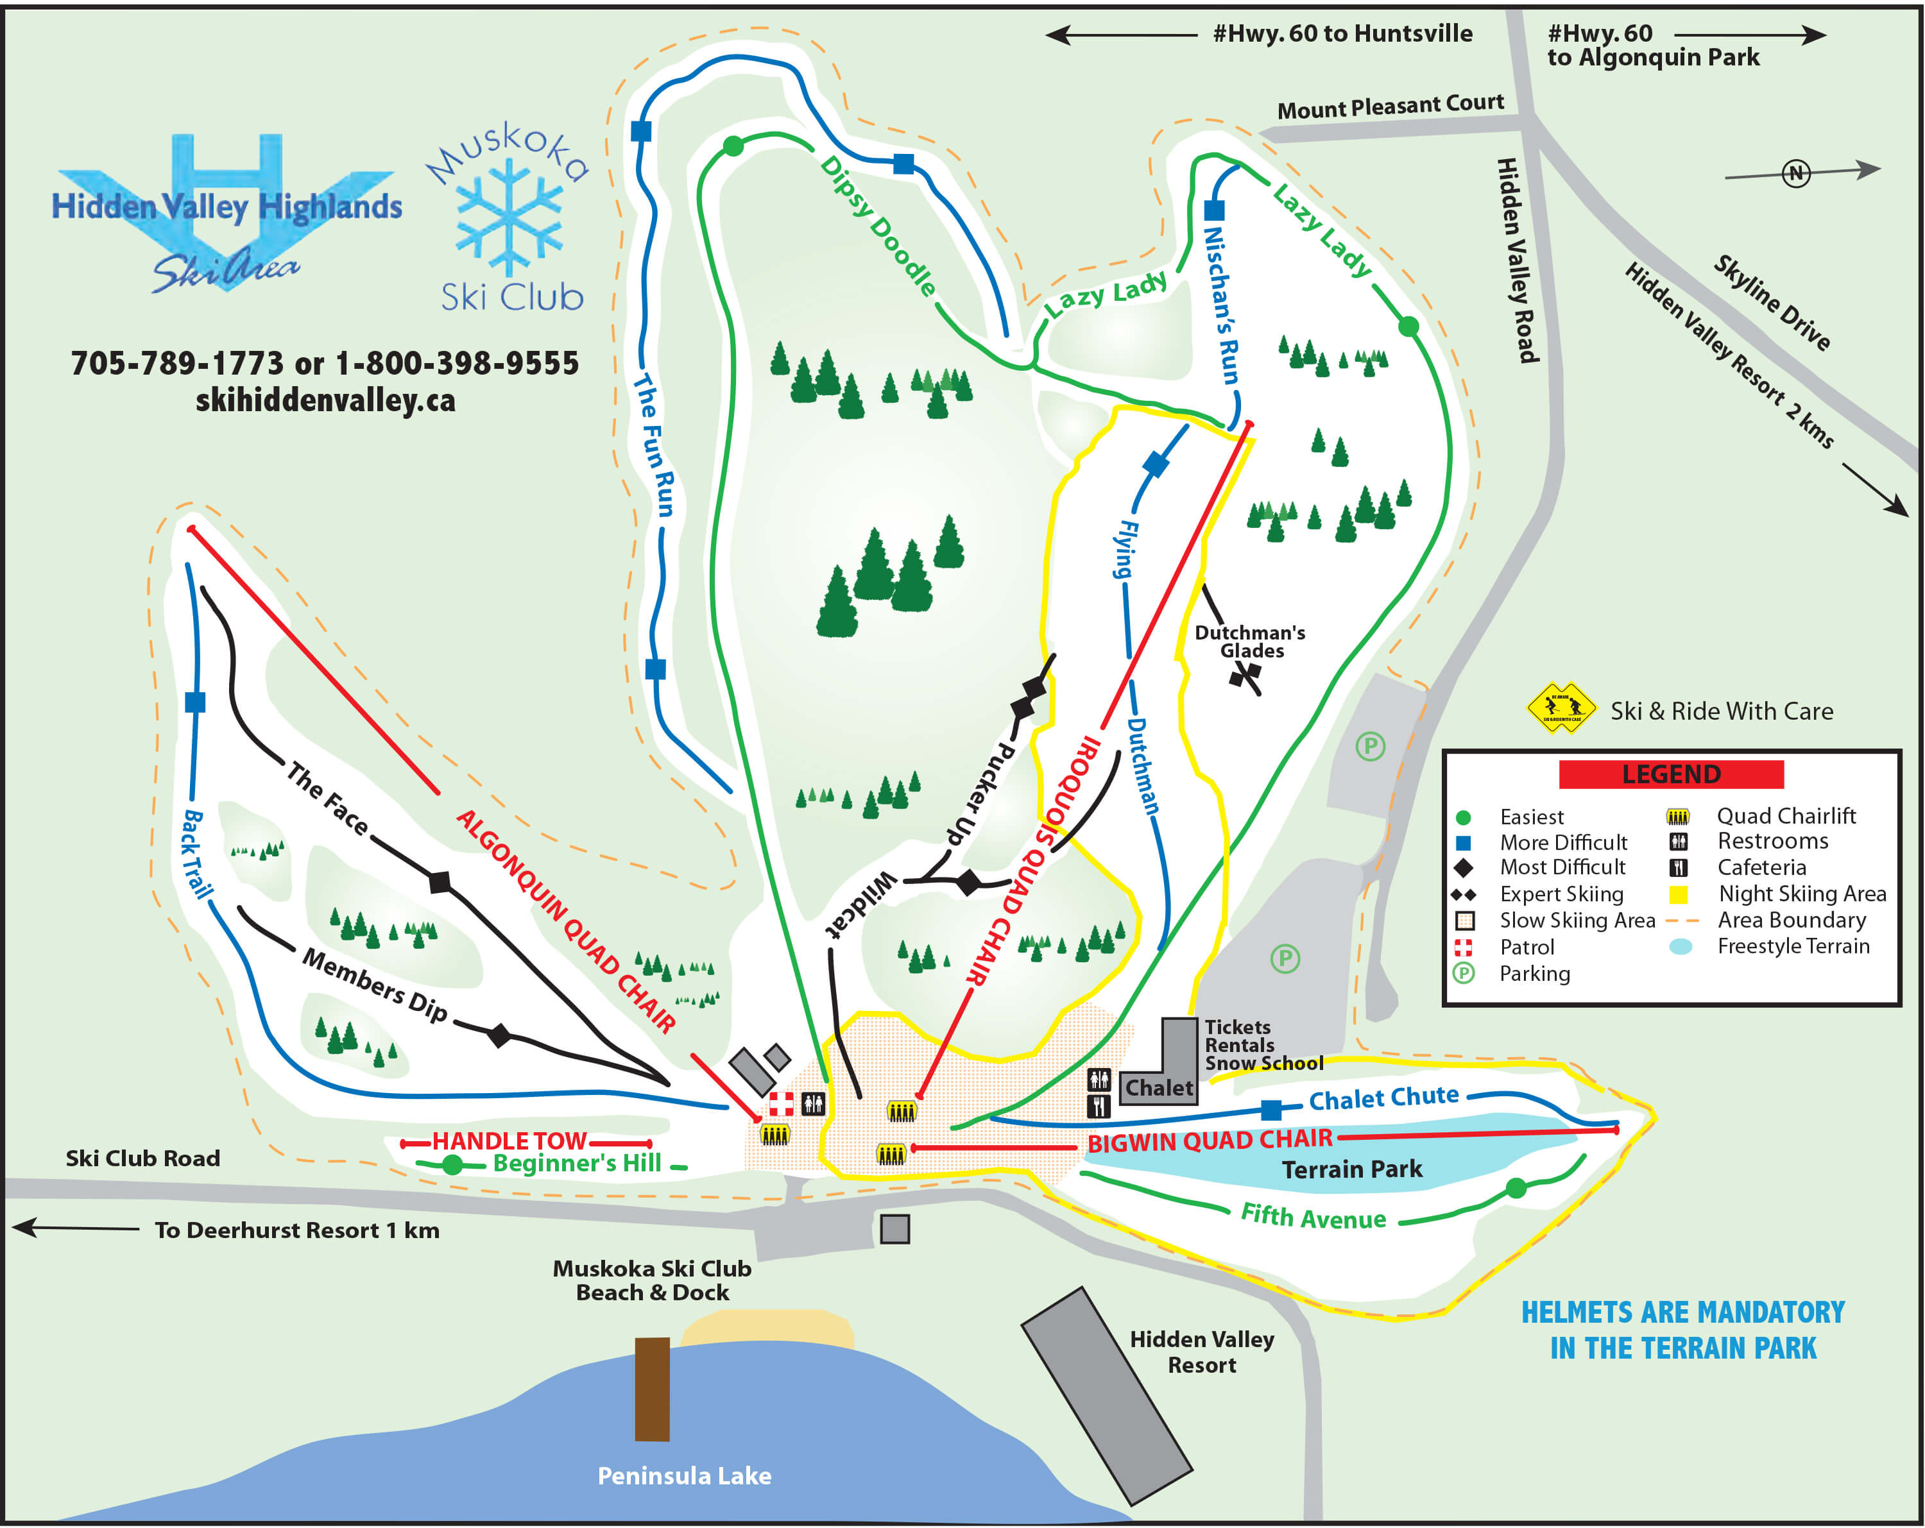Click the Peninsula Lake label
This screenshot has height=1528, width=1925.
tap(684, 1476)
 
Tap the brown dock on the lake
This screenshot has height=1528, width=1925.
tap(652, 1389)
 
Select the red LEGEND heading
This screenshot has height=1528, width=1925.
tap(1670, 774)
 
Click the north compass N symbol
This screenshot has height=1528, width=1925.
tap(1795, 173)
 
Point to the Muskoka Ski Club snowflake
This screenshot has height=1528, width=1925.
tap(509, 217)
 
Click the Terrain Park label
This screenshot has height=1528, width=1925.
tap(1352, 1169)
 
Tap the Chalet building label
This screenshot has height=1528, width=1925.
tap(1158, 1088)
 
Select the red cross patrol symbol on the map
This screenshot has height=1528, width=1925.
tap(782, 1104)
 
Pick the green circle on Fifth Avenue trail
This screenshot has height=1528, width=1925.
tap(1515, 1188)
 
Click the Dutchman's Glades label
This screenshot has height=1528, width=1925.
tap(1250, 641)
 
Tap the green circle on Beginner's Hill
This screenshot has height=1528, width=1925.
tap(452, 1165)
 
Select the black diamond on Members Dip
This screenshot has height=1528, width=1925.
tap(499, 1035)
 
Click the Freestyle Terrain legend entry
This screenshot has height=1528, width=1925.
tap(1792, 946)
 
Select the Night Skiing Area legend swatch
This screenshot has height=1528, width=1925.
tap(1678, 894)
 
